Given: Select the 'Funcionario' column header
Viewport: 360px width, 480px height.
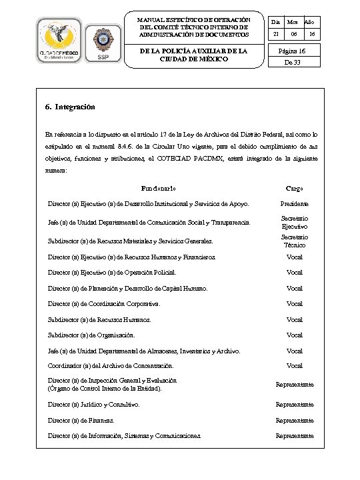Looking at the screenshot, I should (x=159, y=188).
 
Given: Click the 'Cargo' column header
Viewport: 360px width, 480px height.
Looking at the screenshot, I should (x=294, y=188).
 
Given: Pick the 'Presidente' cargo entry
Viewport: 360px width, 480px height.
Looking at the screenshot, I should (x=294, y=203).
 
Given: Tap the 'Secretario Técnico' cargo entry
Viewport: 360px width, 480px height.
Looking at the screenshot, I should (x=294, y=241).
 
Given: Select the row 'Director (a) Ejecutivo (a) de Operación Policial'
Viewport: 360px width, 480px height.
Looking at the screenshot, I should (x=111, y=272).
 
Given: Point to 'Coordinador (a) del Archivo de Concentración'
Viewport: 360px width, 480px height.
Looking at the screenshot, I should (x=110, y=366).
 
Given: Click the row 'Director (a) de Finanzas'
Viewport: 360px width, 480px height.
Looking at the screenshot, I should (x=80, y=421).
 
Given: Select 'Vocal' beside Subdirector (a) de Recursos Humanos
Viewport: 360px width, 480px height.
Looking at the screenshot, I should (x=294, y=319).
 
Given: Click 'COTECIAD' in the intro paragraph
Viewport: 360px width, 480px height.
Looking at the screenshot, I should (x=202, y=159).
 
